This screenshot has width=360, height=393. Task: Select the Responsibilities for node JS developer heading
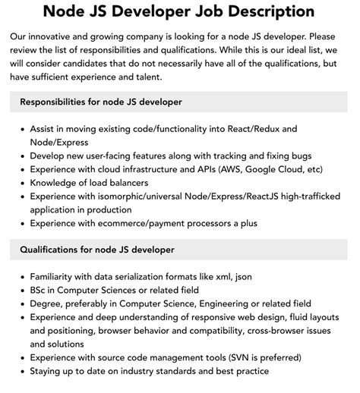[99, 102]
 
